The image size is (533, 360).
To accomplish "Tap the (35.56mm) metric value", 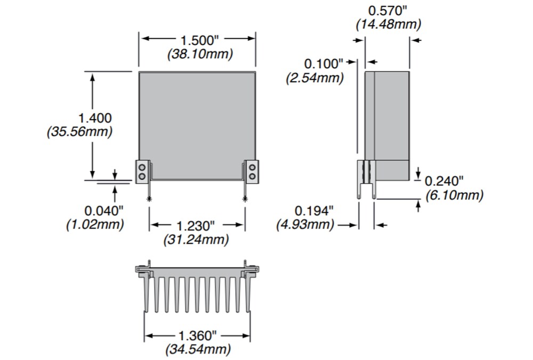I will tap(80, 132).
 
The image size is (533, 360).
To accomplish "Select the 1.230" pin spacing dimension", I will tap(197, 225).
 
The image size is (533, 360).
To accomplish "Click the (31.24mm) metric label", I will tap(196, 240).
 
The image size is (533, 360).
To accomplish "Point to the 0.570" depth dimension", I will tap(387, 10).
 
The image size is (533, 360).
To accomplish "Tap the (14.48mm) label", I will tap(387, 24).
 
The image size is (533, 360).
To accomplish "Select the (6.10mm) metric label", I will tap(454, 195).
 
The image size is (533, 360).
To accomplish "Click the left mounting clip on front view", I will tap(142, 171).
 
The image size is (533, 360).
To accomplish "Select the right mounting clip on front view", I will tap(252, 171).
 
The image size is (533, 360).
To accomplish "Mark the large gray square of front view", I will tap(197, 125).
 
